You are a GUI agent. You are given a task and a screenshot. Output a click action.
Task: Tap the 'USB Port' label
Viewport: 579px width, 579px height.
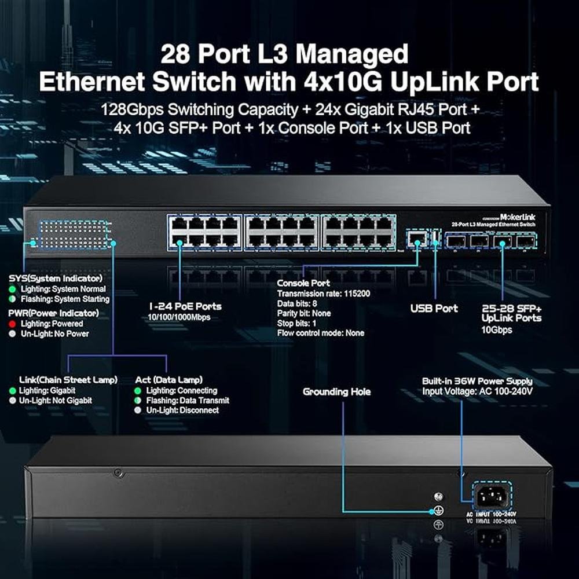pos(434,308)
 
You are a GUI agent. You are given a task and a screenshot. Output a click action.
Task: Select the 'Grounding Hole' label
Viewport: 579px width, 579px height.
pos(337,392)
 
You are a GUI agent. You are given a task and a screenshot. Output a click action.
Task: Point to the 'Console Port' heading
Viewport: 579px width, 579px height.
pos(303,283)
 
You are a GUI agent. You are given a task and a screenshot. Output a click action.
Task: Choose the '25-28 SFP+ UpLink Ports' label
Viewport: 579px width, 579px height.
pos(511,313)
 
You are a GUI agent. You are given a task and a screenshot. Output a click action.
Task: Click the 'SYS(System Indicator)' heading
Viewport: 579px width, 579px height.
pos(56,278)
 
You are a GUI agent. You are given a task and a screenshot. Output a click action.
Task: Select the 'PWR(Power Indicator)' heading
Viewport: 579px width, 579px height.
pos(54,313)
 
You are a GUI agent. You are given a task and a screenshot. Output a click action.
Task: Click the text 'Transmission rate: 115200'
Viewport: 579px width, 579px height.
pos(324,294)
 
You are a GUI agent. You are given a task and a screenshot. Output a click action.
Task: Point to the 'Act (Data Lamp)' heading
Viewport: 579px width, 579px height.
pos(168,380)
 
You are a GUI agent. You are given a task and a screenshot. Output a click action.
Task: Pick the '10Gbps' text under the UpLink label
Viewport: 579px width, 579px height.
pos(497,330)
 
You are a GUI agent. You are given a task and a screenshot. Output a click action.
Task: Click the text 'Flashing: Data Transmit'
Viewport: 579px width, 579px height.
pos(187,400)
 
